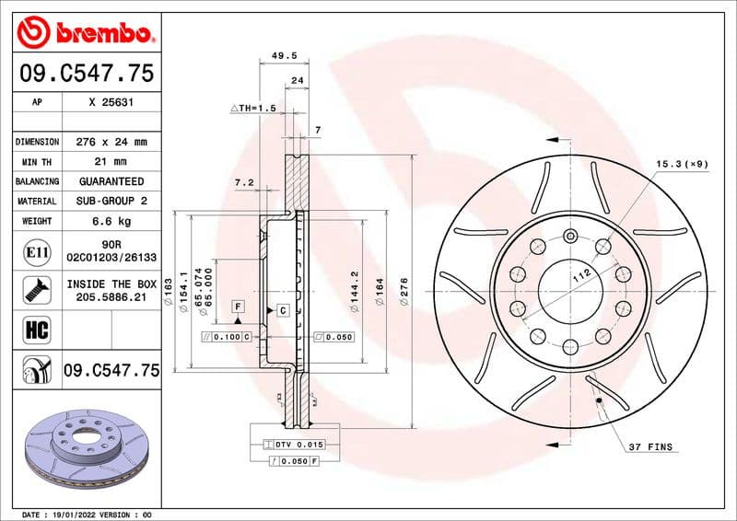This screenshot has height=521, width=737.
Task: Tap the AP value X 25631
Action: tap(111, 103)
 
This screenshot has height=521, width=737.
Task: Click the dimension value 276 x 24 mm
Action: tap(111, 142)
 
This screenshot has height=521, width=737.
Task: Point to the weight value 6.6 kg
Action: tap(111, 221)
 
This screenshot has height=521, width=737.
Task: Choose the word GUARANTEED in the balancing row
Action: tap(111, 181)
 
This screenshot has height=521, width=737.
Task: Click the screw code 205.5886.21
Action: tap(111, 298)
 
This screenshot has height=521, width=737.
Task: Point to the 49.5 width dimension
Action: tap(283, 55)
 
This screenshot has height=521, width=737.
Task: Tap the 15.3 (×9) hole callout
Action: tap(682, 164)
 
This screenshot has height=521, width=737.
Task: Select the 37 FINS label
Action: tap(651, 447)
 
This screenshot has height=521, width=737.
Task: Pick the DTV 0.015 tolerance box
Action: tap(295, 445)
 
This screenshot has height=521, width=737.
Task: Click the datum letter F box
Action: tap(238, 305)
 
